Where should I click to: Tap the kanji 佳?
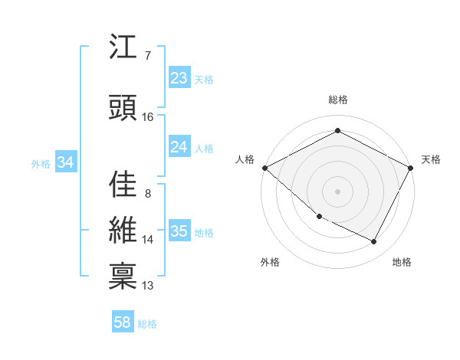[x=123, y=184]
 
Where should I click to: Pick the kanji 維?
[x=123, y=230]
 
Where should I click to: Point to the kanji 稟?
[x=123, y=275]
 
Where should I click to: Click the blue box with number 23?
[x=179, y=78]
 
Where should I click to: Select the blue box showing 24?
[x=179, y=147]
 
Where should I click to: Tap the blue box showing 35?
[x=179, y=231]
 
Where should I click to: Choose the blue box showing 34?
[x=65, y=162]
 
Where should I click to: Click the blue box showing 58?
[x=123, y=323]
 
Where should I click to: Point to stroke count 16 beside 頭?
[x=147, y=117]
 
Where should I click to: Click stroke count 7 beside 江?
[x=147, y=56]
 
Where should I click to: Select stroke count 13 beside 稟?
[x=148, y=286]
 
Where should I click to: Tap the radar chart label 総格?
[x=338, y=100]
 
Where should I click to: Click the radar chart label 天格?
[x=431, y=159]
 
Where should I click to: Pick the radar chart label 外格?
[x=270, y=262]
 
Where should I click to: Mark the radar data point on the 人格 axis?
[x=264, y=168]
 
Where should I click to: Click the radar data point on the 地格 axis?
[x=374, y=241]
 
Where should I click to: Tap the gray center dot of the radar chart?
[x=338, y=191]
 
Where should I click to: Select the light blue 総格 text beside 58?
[x=147, y=324]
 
